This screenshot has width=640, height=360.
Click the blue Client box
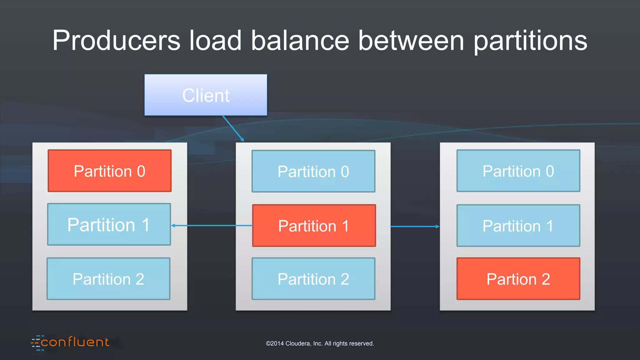click(206, 95)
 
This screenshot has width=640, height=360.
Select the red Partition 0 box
click(109, 171)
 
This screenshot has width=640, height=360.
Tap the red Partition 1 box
click(314, 226)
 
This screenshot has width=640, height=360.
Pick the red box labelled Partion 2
click(518, 279)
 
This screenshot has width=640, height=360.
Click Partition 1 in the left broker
click(109, 224)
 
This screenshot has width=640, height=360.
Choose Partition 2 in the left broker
click(108, 279)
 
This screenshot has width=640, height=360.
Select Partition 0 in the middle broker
click(313, 171)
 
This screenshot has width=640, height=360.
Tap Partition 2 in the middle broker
click(313, 279)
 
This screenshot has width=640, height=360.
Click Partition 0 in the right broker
click(518, 171)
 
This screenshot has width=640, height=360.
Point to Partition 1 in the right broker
click(518, 226)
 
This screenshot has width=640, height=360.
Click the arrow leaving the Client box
click(233, 128)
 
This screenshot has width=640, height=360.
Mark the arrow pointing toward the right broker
click(415, 227)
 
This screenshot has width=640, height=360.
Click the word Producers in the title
click(116, 41)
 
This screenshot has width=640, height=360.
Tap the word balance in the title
click(300, 41)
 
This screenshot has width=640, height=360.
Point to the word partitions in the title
click(530, 41)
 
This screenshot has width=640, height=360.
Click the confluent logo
click(70, 342)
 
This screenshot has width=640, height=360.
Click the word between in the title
click(411, 41)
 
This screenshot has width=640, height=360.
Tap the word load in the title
click(215, 41)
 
